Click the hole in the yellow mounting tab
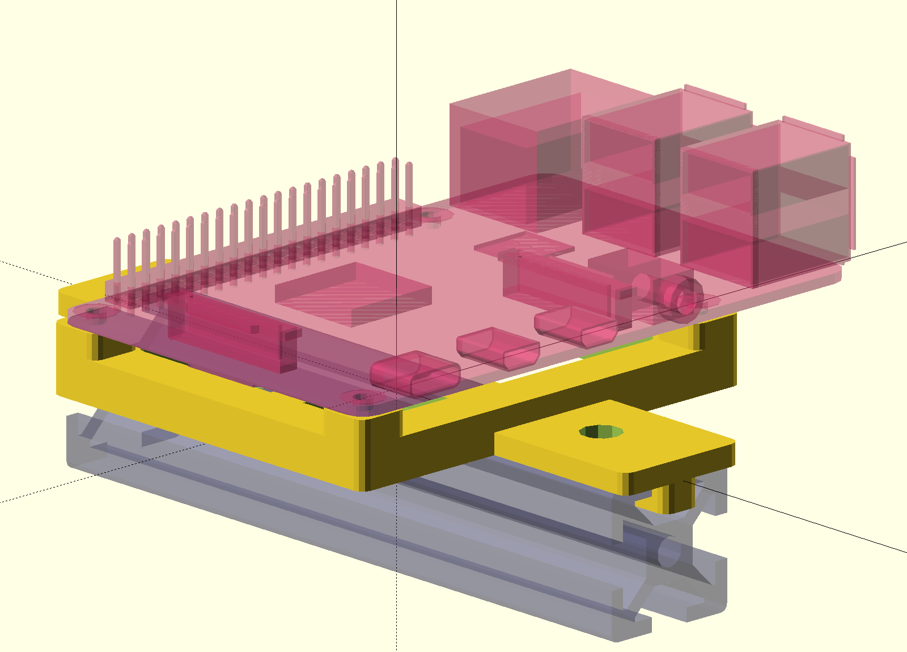601,432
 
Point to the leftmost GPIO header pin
117,266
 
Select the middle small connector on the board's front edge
496,346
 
